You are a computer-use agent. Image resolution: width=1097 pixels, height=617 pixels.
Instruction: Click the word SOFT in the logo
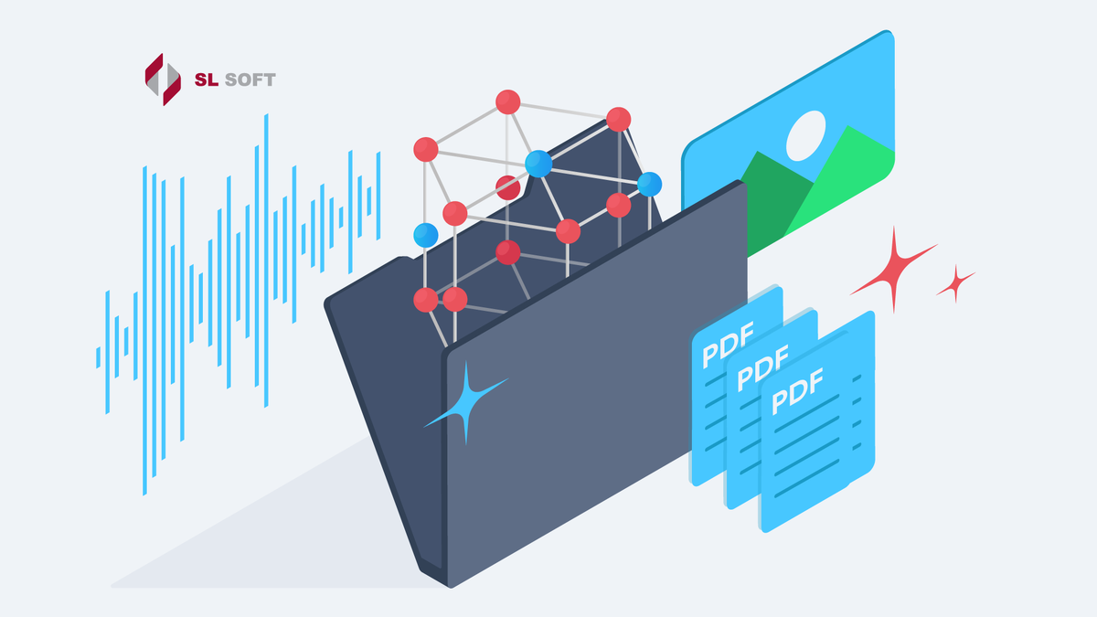246,80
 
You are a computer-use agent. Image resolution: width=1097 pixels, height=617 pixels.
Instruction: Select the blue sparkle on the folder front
464,403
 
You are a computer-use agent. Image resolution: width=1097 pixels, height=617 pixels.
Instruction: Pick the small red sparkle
956,283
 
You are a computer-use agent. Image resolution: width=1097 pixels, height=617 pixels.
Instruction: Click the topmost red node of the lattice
507,101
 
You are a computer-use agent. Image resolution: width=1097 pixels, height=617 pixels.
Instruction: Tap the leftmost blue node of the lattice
425,235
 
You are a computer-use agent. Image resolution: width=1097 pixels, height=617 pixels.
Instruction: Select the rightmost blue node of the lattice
649,184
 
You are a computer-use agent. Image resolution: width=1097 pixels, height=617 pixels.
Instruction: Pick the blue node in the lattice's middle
538,164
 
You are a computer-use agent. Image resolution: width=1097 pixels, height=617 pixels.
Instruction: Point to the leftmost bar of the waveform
98,356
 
